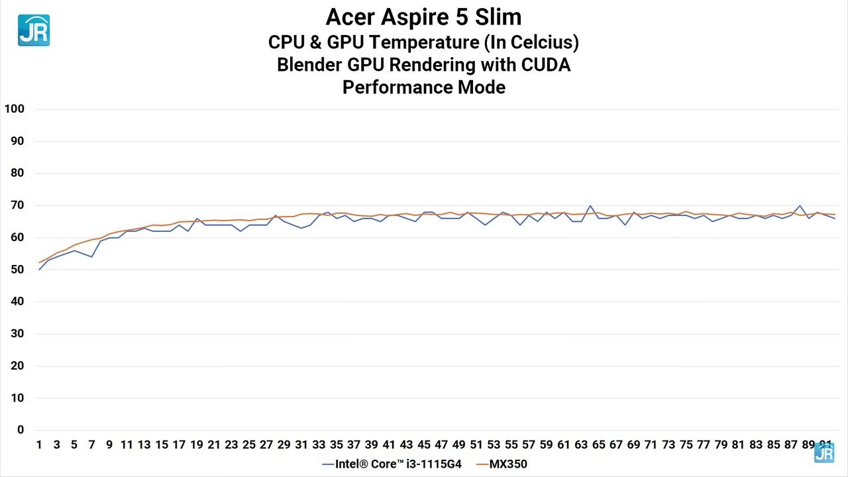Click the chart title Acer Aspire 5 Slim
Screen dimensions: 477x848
click(x=423, y=17)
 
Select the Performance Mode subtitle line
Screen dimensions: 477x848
click(x=423, y=87)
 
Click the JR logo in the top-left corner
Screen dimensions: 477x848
click(x=34, y=30)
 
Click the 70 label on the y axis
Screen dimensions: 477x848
click(x=17, y=205)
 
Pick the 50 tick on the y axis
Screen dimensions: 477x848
click(x=17, y=270)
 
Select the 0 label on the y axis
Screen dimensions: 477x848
click(x=21, y=430)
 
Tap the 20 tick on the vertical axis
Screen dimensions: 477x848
click(x=17, y=366)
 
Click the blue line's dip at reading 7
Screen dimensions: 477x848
click(x=91, y=256)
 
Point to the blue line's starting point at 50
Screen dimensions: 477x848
click(x=39, y=270)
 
